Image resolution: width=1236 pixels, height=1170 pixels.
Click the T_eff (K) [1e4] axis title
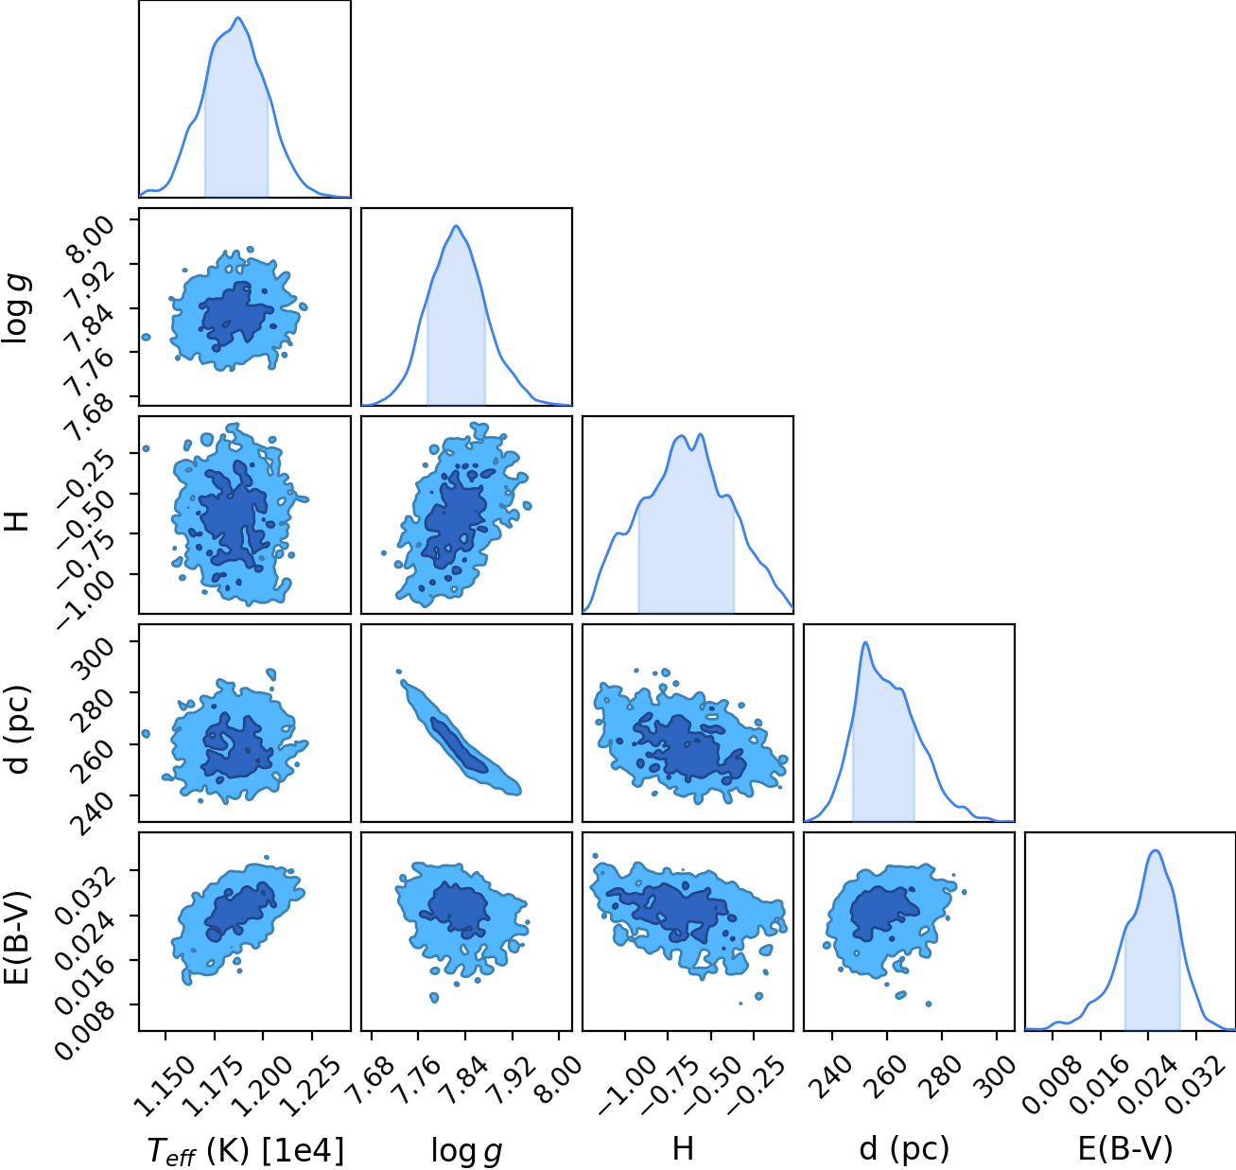tap(246, 1151)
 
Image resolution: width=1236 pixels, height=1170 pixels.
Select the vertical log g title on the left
tap(16, 307)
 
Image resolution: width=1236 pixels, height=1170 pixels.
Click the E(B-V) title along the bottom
tap(1126, 1149)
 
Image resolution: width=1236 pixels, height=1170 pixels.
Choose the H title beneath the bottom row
tap(684, 1148)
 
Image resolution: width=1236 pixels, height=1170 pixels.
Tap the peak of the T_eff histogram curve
tap(237, 18)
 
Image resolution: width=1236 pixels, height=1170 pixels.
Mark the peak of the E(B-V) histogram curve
tap(1156, 850)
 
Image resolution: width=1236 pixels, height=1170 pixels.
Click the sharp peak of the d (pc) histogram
tap(865, 642)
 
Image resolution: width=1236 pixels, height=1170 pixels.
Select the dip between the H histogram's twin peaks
tap(691, 449)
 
